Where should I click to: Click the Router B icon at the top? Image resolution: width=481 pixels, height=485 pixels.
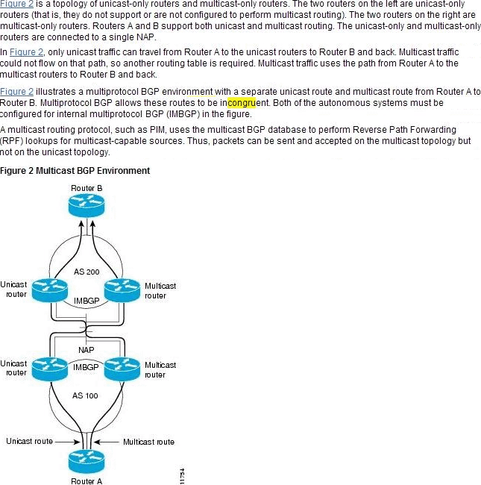point(87,205)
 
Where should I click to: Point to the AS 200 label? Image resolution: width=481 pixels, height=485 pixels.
point(87,272)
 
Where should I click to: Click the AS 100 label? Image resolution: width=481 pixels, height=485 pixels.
point(84,395)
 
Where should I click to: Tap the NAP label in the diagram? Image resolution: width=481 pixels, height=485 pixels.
point(87,350)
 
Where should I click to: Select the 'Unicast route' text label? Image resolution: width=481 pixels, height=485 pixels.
point(29,441)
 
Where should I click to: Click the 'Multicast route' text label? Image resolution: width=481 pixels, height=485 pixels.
point(148,442)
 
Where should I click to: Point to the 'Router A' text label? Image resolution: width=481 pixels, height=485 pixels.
point(87,481)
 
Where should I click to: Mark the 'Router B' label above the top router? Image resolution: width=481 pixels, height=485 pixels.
point(87,187)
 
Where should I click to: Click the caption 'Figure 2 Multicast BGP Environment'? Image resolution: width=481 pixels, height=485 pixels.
point(75,171)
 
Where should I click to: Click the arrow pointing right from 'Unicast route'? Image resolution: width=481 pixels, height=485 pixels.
point(65,441)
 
